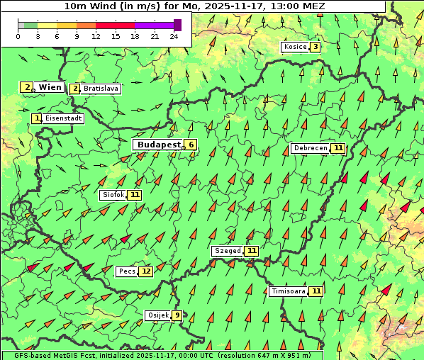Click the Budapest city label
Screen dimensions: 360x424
pos(158,145)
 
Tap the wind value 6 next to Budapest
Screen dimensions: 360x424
pos(190,145)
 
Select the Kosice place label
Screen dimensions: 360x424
pos(294,47)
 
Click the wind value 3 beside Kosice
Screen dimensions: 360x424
pos(314,47)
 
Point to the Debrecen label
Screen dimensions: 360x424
pos(310,148)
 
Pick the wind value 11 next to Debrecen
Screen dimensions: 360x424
pos(337,148)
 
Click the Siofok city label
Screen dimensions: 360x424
pos(113,194)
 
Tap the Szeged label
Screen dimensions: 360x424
pos(227,251)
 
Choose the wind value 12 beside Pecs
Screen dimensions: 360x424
pos(145,271)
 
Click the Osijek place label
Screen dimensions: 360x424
pos(157,315)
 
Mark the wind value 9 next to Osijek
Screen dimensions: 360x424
pos(177,315)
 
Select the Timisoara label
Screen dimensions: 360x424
pos(289,291)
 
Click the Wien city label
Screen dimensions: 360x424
pos(50,87)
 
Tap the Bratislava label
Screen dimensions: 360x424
pos(100,89)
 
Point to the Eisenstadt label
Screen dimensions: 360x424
pos(63,118)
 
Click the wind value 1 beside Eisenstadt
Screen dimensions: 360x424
pos(37,118)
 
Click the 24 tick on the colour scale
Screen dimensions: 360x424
pos(174,36)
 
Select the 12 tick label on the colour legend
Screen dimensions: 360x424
pos(96,36)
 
